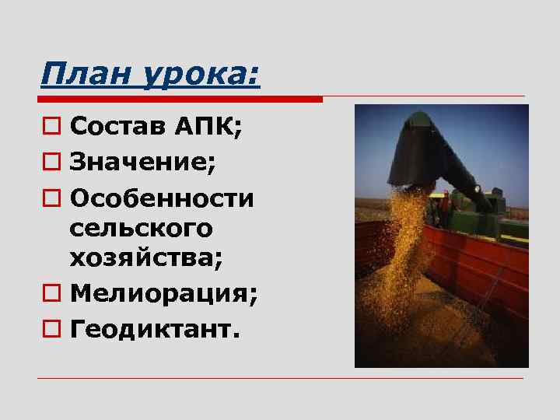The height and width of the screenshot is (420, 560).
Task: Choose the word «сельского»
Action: coord(140,229)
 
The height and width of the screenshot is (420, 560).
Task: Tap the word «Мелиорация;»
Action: coord(164,296)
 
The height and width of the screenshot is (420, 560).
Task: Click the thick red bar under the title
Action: coord(180,100)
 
